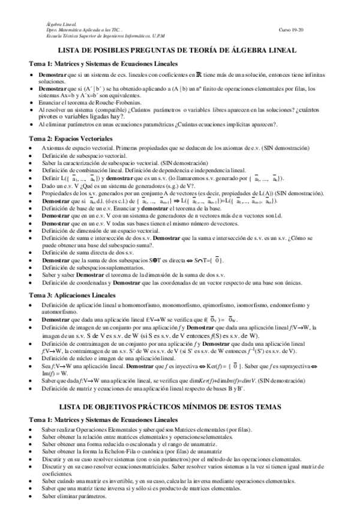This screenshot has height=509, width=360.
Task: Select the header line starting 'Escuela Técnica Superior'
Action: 101,35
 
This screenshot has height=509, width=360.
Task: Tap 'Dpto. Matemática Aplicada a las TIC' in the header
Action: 85,29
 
